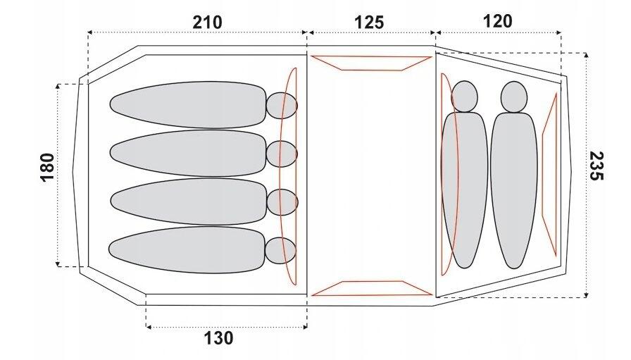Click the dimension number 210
(x=207, y=23)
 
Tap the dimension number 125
(x=369, y=23)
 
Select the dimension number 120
(x=497, y=21)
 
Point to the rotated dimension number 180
(x=47, y=168)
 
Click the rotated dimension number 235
(x=596, y=166)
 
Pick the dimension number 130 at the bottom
(x=218, y=338)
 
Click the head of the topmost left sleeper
(x=282, y=106)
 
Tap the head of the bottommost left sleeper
(x=280, y=251)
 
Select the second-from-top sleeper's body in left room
(x=188, y=153)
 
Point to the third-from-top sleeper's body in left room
(x=189, y=201)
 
